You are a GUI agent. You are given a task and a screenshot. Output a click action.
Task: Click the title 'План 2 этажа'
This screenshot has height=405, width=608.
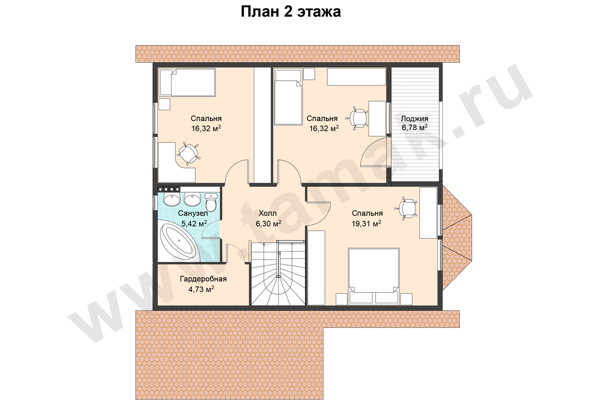291,12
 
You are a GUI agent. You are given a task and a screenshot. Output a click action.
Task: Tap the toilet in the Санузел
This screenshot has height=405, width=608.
210,202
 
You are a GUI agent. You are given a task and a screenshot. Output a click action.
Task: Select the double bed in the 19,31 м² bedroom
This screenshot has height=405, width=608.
374,276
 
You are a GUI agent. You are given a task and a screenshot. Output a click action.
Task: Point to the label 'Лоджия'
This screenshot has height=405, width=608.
415,119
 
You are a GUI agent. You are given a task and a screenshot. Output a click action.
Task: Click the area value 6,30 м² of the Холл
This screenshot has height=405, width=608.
268,224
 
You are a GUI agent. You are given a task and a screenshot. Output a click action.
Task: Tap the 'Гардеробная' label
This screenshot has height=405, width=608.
203,279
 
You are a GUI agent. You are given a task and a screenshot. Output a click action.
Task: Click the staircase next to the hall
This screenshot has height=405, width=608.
278,273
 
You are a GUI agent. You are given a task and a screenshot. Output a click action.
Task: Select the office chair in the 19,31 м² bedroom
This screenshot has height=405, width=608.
406,208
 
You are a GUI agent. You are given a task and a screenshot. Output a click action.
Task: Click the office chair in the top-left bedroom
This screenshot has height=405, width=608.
189,153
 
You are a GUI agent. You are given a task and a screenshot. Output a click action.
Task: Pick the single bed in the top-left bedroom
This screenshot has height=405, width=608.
187,83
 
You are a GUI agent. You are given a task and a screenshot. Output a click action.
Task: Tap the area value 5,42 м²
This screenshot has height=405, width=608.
194,224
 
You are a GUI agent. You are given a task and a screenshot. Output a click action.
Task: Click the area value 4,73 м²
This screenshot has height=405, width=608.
201,289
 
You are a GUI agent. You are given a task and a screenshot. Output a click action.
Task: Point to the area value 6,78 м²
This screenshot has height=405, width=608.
415,127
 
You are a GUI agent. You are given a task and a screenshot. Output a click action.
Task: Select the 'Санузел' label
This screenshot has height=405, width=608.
193,214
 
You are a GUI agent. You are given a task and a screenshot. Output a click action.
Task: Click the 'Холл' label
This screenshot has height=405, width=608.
267,213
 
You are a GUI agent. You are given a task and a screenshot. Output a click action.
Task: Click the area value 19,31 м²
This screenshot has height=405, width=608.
366,224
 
